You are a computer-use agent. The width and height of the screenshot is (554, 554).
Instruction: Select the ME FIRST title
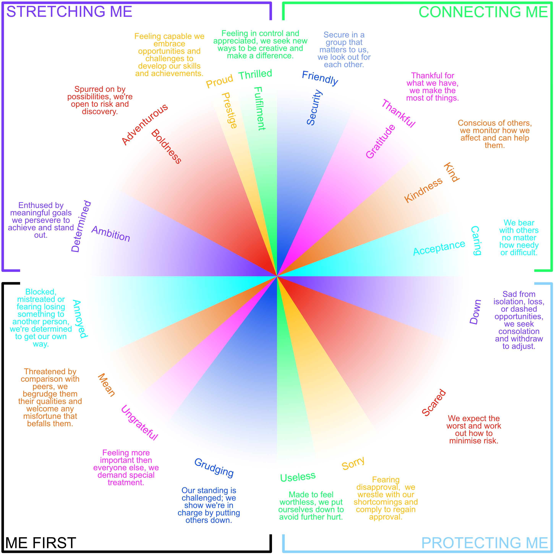[41, 543]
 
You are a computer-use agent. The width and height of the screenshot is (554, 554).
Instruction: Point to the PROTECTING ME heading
[485, 543]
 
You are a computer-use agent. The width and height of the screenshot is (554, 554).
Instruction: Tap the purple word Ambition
[111, 234]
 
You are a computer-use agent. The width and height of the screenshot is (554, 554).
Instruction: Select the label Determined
[81, 226]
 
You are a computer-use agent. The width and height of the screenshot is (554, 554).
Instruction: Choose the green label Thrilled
[255, 75]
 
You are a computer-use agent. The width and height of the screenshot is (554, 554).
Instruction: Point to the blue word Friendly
[320, 78]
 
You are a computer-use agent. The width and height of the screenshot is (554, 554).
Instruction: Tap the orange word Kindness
[423, 190]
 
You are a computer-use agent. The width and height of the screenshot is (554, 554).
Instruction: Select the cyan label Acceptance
[439, 248]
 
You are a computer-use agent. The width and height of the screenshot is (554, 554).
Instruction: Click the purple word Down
[475, 312]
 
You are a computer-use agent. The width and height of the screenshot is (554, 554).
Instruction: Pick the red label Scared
[434, 402]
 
